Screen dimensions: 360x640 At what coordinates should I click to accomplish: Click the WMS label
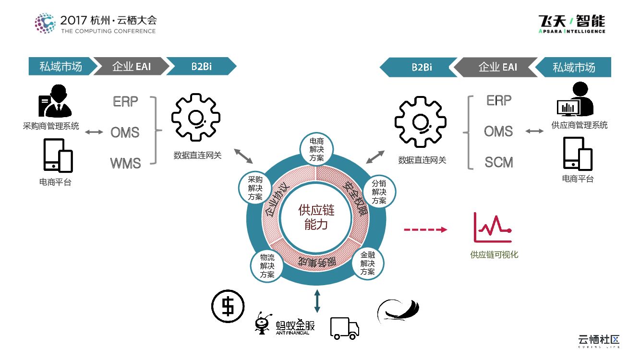(x=126, y=163)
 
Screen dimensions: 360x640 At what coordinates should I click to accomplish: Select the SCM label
(x=499, y=162)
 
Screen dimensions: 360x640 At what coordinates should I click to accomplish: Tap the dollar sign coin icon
(x=228, y=306)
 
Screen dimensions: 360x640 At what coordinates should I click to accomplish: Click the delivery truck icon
(x=344, y=328)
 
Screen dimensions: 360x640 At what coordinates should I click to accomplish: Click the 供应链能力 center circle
(x=316, y=217)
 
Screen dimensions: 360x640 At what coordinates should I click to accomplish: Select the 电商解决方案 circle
(x=316, y=150)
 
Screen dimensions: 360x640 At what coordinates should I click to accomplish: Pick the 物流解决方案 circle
(x=267, y=265)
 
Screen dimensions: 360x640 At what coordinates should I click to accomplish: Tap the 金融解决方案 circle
(x=368, y=263)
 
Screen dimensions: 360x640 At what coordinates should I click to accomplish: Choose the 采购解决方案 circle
(x=255, y=188)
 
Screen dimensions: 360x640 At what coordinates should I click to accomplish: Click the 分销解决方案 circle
(x=379, y=192)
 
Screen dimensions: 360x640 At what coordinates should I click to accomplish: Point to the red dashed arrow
(x=425, y=230)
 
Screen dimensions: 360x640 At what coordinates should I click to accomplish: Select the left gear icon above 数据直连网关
(x=196, y=119)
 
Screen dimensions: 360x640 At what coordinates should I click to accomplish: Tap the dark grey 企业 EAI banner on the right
(x=497, y=67)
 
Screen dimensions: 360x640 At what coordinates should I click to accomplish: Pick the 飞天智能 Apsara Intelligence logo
(x=572, y=24)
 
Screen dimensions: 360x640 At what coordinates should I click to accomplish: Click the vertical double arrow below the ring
(x=317, y=300)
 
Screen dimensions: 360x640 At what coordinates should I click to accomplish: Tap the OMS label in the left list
(x=125, y=132)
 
